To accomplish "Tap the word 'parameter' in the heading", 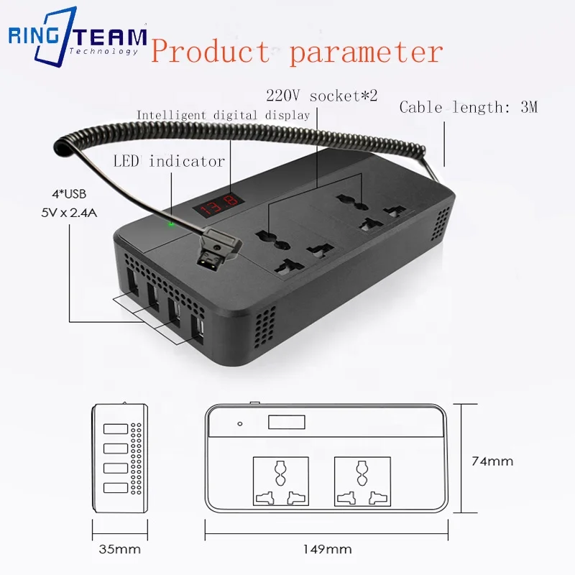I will pos(367,52).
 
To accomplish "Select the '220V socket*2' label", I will pos(310,95).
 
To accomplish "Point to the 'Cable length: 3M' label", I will pos(468,108).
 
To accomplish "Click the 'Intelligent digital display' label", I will pos(223,115).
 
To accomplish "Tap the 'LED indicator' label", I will pos(169,161).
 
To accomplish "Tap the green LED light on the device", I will pos(171,224).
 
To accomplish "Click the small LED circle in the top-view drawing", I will pos(240,424).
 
